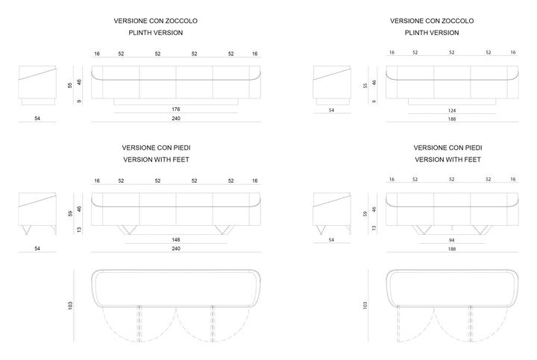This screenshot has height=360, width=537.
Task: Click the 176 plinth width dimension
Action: coord(176,109)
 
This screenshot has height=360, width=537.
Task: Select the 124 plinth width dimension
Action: coord(452,110)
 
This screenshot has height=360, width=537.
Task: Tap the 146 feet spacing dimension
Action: coord(176,239)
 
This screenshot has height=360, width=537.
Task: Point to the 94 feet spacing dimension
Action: coord(452,240)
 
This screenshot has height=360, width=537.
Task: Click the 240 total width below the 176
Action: coord(176,119)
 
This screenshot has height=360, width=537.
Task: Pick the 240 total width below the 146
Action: coord(176,248)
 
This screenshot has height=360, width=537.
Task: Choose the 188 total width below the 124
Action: coord(452,119)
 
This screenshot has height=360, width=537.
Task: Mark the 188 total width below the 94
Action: coord(452,249)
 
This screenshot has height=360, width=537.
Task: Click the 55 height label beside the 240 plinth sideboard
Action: coord(70,85)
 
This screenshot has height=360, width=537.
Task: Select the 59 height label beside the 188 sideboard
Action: coord(365,214)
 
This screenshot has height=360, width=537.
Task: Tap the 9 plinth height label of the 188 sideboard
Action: coord(374,101)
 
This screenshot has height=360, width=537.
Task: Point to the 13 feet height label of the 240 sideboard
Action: coord(79,230)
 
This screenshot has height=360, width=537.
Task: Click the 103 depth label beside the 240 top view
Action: coord(70,306)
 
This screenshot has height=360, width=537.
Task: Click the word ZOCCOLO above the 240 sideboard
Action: coord(181,21)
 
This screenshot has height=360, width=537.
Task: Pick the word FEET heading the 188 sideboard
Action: coord(472,160)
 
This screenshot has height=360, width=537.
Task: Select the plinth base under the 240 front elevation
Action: coord(176,101)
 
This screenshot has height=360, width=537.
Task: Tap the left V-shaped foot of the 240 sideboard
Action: coord(128,230)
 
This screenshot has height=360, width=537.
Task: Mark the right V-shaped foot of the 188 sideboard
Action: coord(483,230)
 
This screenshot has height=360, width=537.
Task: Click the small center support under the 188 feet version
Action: coord(452,228)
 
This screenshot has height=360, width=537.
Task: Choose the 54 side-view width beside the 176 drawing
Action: coord(37,119)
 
